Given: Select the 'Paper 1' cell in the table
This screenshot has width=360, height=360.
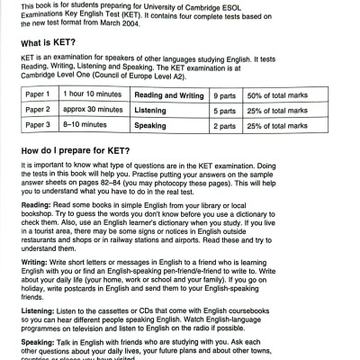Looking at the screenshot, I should click(x=39, y=94).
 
